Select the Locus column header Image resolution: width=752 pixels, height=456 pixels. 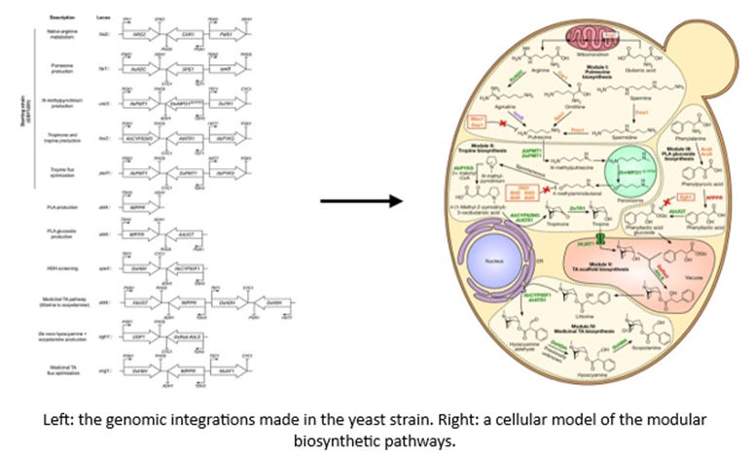click(x=103, y=18)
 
